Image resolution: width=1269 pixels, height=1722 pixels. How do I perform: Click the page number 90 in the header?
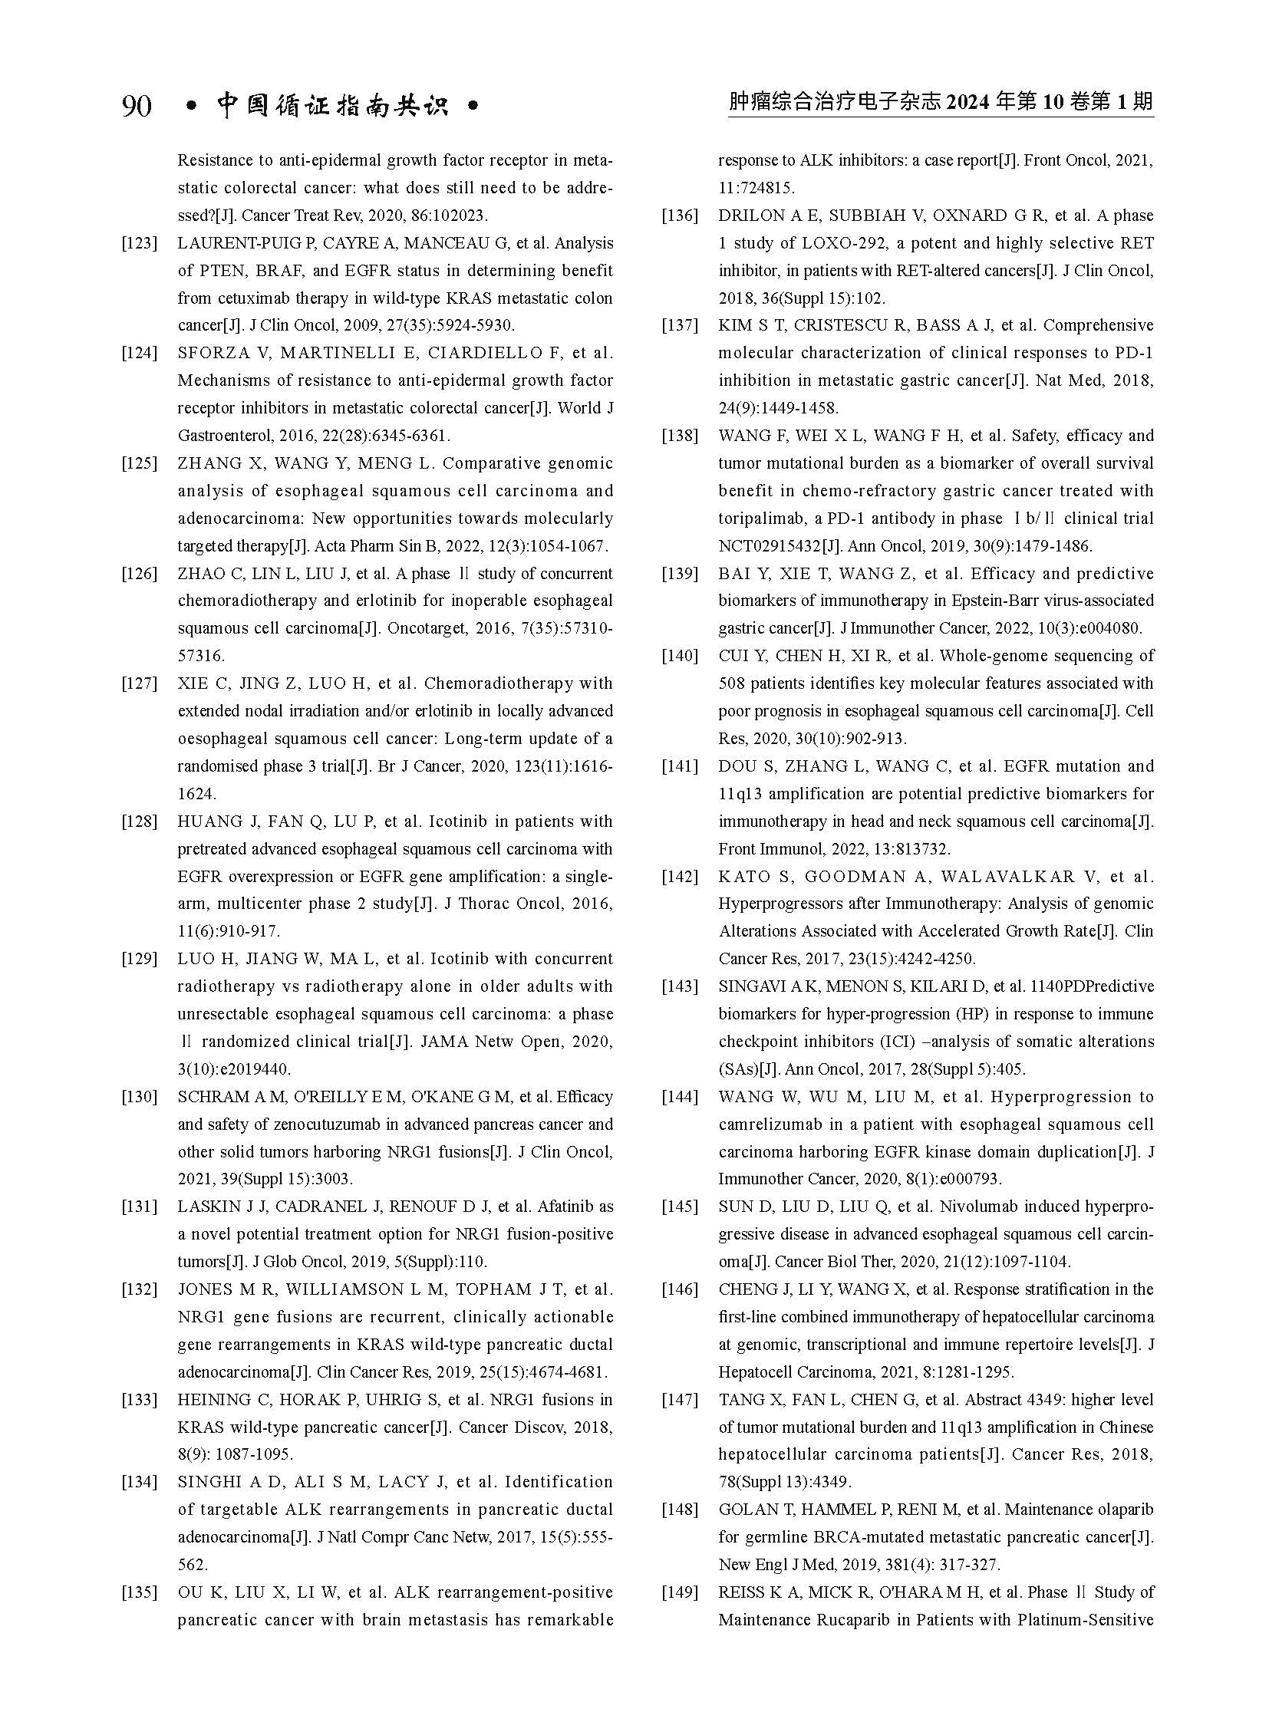point(137,106)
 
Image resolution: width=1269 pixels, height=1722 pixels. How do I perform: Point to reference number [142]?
point(680,877)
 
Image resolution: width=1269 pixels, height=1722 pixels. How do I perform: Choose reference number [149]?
point(680,1592)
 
